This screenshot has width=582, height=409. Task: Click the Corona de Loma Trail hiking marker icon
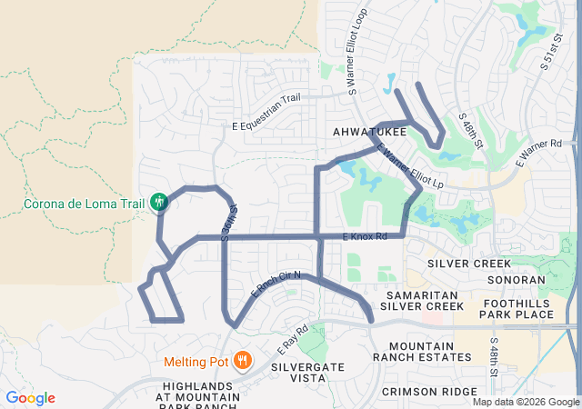(160, 202)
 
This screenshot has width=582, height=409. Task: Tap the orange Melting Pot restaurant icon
(242, 361)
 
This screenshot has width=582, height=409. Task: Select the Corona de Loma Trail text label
(85, 202)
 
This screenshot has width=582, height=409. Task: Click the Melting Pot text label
(196, 362)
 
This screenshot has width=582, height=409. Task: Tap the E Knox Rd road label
(366, 236)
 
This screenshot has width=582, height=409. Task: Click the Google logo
(30, 398)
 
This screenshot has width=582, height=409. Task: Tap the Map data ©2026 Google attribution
(525, 402)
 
